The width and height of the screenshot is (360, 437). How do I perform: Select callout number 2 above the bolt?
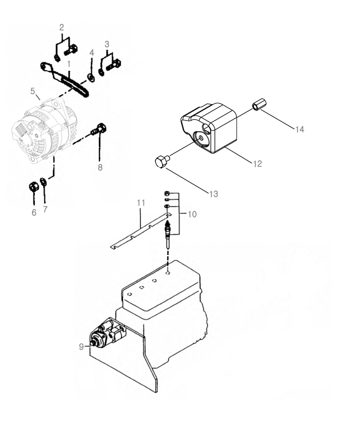62,27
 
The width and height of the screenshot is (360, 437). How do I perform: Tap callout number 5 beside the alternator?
32,91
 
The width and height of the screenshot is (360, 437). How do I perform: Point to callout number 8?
100,167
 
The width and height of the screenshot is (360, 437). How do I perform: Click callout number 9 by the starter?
82,347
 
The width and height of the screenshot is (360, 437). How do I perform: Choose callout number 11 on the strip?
140,203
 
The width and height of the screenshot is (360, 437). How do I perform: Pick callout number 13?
213,194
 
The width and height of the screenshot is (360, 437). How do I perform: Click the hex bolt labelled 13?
162,162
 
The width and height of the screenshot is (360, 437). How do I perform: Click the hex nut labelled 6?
33,187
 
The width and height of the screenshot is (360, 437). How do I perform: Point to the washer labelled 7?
43,182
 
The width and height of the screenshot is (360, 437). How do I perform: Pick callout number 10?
192,214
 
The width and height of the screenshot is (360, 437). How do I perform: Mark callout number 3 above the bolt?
107,44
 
